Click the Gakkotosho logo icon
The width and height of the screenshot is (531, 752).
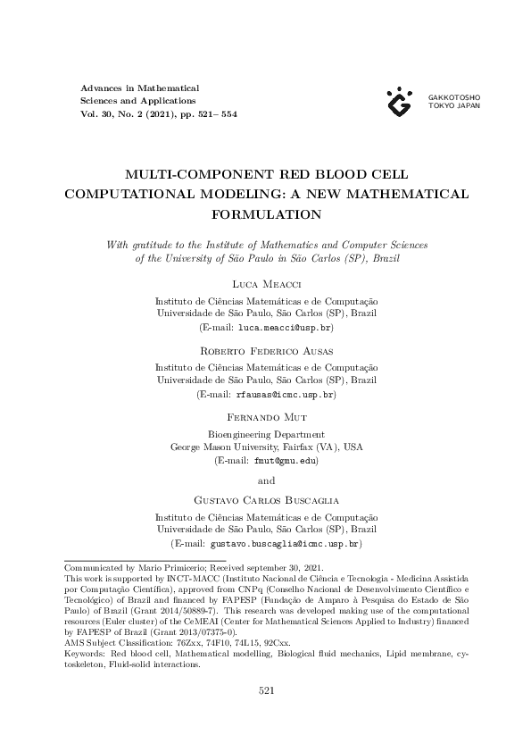point(400,102)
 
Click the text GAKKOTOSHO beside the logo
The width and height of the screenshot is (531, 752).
point(454,96)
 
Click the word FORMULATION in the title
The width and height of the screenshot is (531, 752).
point(266,214)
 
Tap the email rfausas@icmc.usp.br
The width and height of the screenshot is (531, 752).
point(284,394)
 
